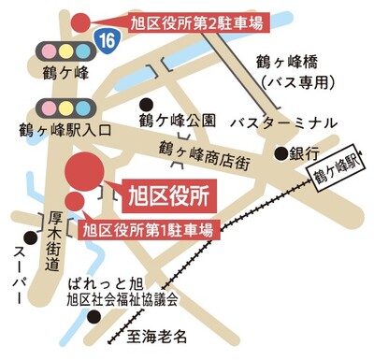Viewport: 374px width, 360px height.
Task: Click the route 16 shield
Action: (x=108, y=39)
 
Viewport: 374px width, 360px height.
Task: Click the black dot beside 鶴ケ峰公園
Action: (x=146, y=104)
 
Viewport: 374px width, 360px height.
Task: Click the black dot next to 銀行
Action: (x=280, y=152)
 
